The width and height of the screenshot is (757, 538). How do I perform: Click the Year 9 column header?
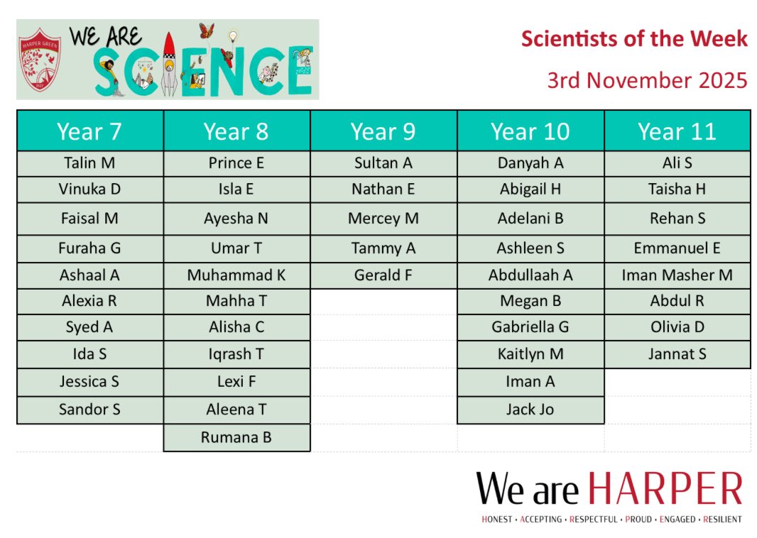[x=383, y=131]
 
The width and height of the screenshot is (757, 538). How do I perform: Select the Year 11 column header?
[x=677, y=131]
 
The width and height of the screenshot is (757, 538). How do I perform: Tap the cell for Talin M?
[x=89, y=163]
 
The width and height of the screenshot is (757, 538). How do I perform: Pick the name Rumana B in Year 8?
[x=236, y=437]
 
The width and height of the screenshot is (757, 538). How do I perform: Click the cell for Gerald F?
[x=383, y=275]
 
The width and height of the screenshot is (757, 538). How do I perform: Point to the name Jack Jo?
[x=530, y=410]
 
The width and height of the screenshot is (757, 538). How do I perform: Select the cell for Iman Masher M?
[x=677, y=275]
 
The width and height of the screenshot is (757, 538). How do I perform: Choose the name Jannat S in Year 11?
[x=677, y=353]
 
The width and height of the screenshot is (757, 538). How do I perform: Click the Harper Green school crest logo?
[x=41, y=60]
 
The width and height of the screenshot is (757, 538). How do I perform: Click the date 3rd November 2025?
[x=647, y=80]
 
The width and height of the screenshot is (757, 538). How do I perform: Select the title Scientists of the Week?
[x=634, y=39]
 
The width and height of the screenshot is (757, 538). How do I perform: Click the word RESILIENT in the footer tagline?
[x=722, y=520]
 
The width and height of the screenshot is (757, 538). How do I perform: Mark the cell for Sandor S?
[x=89, y=410]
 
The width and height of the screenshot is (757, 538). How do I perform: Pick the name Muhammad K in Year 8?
[x=236, y=275]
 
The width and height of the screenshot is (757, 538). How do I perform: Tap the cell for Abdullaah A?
[x=530, y=275]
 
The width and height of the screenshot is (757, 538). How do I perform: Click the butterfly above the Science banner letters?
[x=206, y=31]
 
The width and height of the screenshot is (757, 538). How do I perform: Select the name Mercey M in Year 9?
[x=383, y=219]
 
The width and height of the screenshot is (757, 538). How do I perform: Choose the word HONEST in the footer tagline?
[x=496, y=520]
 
